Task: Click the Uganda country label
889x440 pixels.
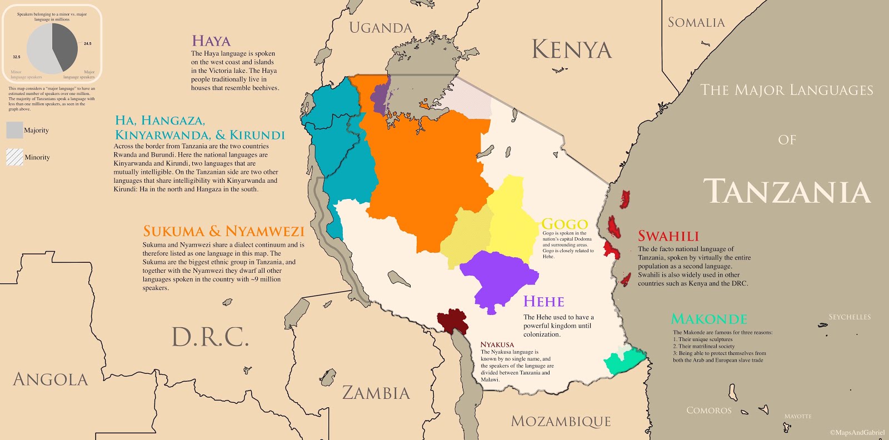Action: coord(380,28)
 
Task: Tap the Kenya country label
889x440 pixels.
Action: coord(572,49)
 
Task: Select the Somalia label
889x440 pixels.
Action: coord(696,23)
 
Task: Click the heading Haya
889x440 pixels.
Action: coord(211,41)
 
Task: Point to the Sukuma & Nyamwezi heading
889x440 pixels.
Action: coord(223,231)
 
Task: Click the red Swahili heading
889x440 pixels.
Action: coord(668,236)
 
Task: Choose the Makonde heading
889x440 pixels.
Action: coord(709,319)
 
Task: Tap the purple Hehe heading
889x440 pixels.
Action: coord(543,302)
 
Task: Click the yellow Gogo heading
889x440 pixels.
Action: coord(565,224)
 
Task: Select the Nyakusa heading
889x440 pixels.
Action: coord(497,344)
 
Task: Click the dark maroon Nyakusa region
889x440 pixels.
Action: coord(451,321)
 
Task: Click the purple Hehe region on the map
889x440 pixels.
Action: coord(497,278)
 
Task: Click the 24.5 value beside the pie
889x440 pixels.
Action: coord(88,43)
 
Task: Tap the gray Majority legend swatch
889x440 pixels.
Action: coord(14,130)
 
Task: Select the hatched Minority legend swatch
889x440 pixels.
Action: coord(14,157)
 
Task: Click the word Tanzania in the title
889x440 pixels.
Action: coord(786,192)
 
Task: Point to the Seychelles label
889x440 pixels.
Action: coord(849,317)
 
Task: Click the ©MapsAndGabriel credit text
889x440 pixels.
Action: coord(856,433)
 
